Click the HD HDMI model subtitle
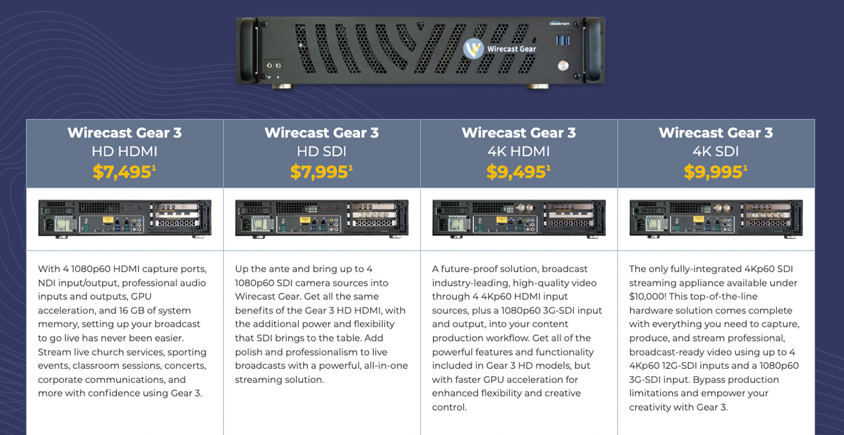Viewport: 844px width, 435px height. pyautogui.click(x=124, y=151)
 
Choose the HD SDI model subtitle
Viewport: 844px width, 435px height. pyautogui.click(x=321, y=151)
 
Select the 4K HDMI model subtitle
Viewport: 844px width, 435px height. pyautogui.click(x=518, y=151)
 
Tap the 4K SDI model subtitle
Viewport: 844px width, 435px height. pyautogui.click(x=715, y=151)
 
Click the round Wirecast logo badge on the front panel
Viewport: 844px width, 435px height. pyautogui.click(x=473, y=49)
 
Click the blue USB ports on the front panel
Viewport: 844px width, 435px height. pyautogui.click(x=562, y=40)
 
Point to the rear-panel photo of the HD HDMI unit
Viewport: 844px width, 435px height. pyautogui.click(x=125, y=219)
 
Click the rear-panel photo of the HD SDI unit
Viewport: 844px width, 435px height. pyautogui.click(x=322, y=219)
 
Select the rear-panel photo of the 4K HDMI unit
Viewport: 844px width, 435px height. pyautogui.click(x=519, y=219)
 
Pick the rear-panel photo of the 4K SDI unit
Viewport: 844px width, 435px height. pyautogui.click(x=716, y=219)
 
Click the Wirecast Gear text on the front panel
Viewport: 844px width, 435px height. pyautogui.click(x=511, y=49)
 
